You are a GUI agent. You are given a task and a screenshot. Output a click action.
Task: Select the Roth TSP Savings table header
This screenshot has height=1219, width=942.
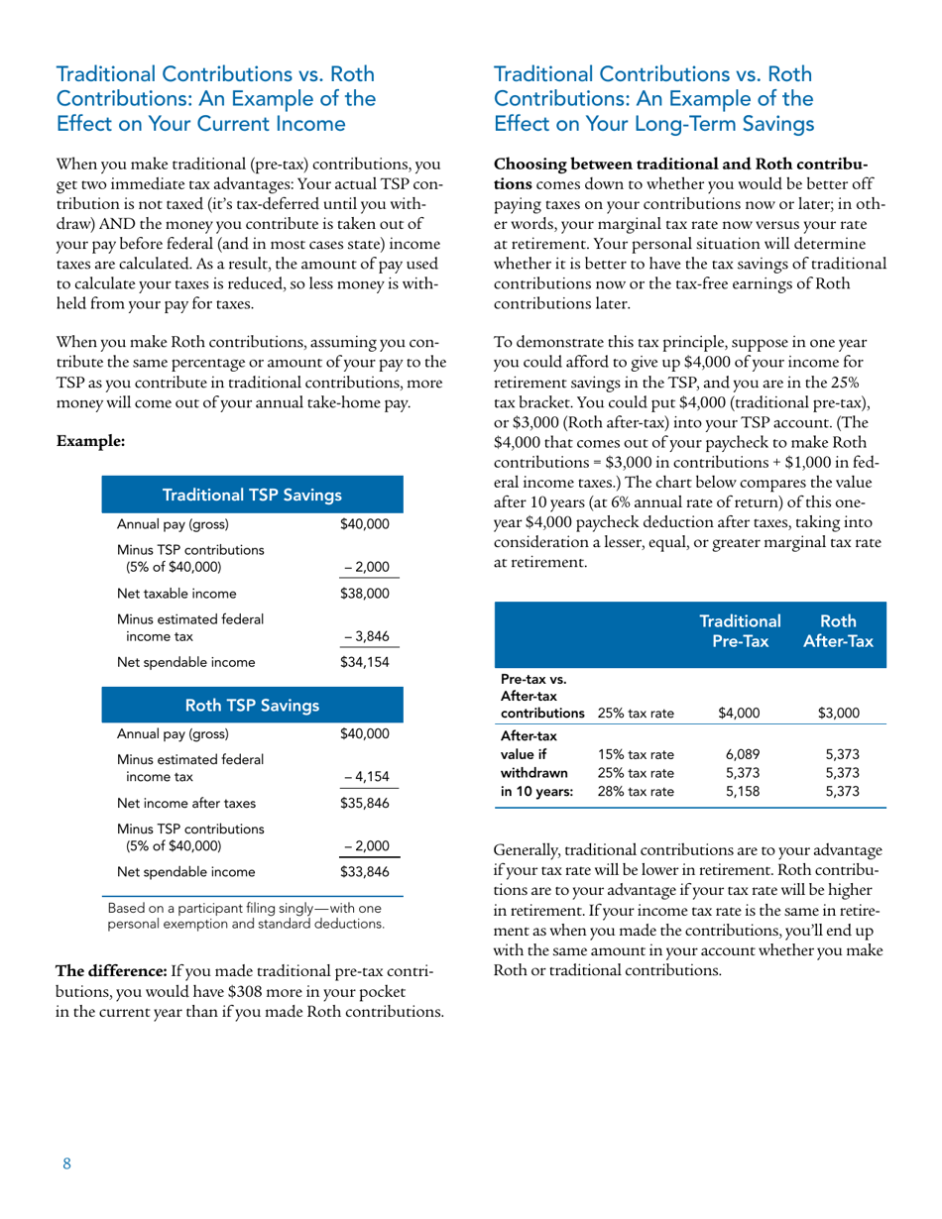click(x=251, y=706)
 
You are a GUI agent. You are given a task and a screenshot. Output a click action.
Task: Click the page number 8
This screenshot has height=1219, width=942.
click(x=67, y=1164)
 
